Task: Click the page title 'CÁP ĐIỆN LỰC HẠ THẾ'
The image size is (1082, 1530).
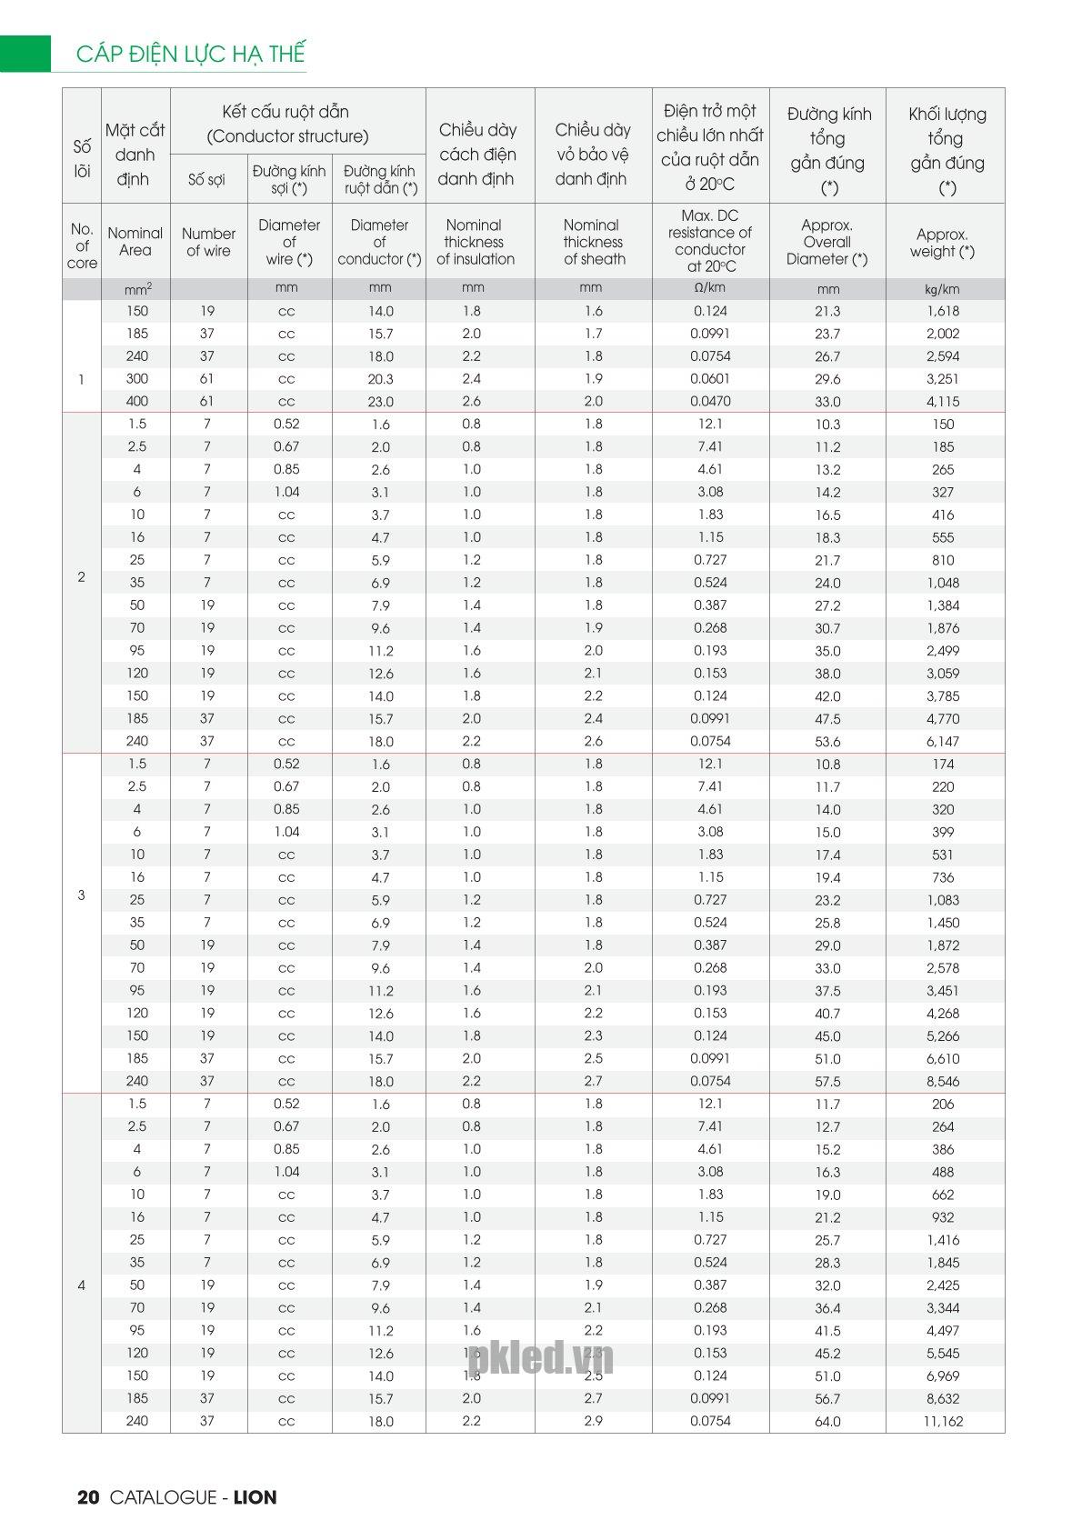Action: tap(190, 54)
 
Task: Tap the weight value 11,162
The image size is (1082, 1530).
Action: tap(943, 1421)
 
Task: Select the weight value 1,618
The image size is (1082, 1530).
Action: tap(943, 311)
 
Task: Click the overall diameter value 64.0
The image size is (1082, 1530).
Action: tap(828, 1421)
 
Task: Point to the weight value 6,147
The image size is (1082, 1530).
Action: tap(943, 741)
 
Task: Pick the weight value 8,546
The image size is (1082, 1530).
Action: tap(943, 1081)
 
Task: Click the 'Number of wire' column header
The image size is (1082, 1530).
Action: tap(208, 242)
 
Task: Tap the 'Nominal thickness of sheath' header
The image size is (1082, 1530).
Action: tap(593, 242)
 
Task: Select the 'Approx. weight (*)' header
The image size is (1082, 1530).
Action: tap(942, 243)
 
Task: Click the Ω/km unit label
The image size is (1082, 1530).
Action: tap(710, 288)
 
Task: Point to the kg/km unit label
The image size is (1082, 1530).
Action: tap(943, 289)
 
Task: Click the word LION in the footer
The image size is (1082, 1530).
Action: tap(255, 1497)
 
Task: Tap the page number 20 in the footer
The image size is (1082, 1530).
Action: tap(88, 1497)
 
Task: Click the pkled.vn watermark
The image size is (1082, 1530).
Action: tap(541, 1359)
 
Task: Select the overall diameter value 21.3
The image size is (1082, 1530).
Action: tap(828, 311)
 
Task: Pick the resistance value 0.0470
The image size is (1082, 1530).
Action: tap(710, 401)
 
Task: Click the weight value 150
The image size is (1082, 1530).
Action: tap(943, 424)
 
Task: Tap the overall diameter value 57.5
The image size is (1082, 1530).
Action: tap(828, 1081)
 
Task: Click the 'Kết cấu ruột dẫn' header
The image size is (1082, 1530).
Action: tap(286, 124)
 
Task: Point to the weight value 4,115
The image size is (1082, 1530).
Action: tap(943, 401)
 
